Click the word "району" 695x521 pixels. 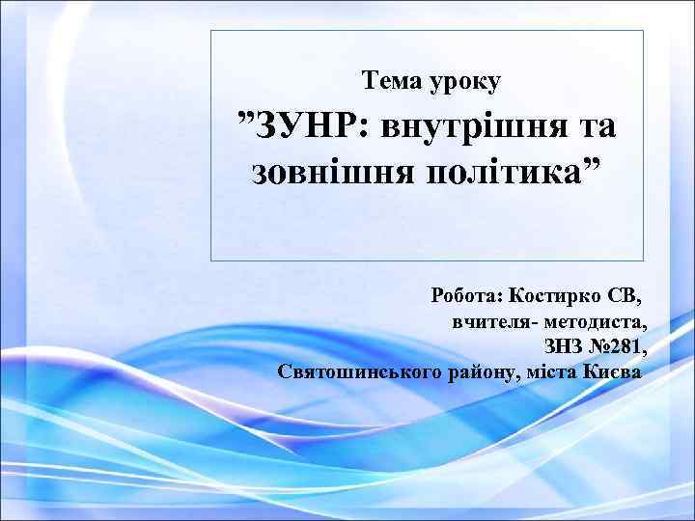482,371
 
